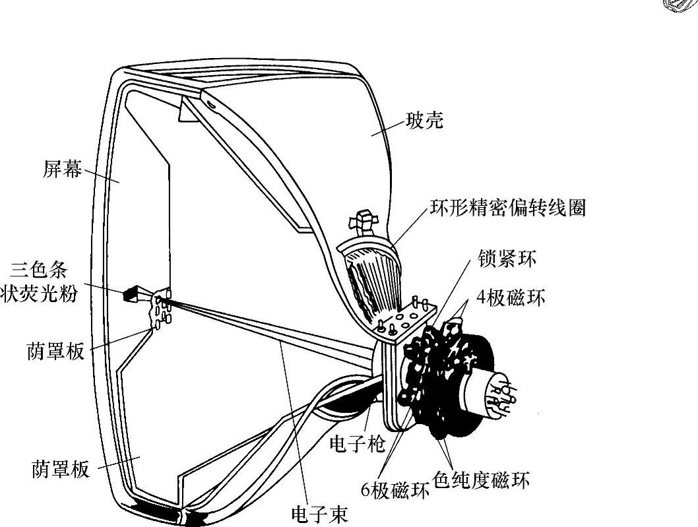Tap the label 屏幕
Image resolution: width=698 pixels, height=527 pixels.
coord(63,170)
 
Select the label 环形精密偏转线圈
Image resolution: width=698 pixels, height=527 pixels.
coord(507,208)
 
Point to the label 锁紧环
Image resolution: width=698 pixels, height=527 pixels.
coord(507,259)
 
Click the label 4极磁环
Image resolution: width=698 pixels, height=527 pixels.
coord(512,298)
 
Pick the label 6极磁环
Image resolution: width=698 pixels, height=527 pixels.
coord(395,490)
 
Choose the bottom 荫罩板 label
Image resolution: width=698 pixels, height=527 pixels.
coord(60,470)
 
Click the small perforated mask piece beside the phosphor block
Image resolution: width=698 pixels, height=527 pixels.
coord(160,308)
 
